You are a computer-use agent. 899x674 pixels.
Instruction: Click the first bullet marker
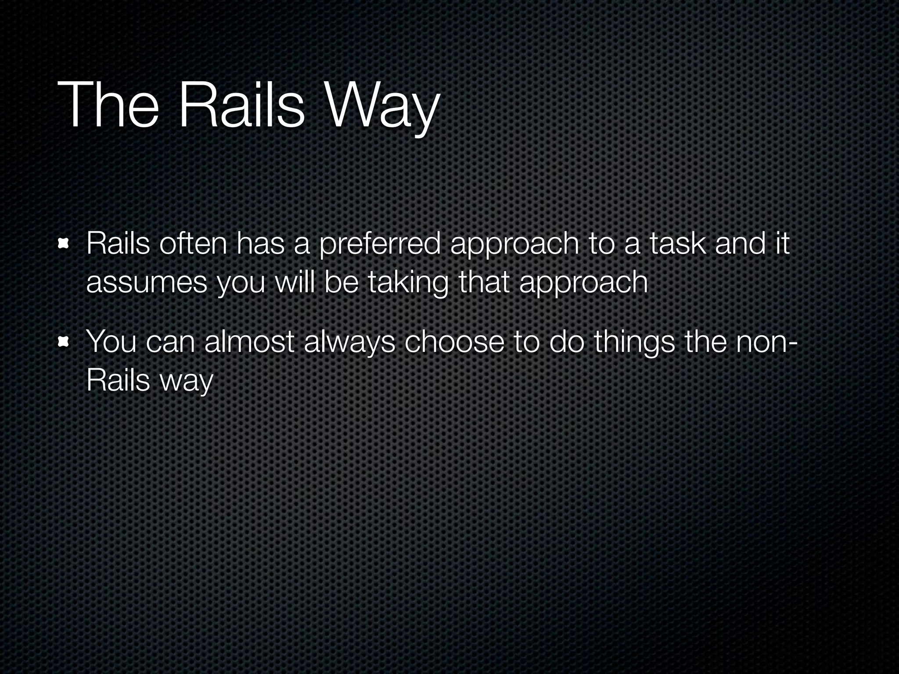64,244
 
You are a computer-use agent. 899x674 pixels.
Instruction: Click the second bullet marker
64,342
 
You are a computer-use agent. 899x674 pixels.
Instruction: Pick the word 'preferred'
380,245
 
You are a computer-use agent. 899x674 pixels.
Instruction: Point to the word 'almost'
249,341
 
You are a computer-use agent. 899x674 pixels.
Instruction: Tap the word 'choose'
454,341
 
